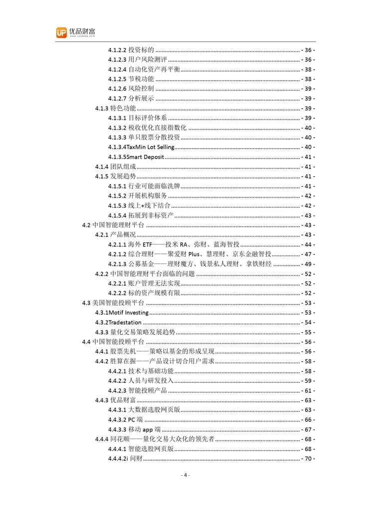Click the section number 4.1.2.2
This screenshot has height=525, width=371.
coord(117,50)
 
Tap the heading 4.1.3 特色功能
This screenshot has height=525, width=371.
coord(115,108)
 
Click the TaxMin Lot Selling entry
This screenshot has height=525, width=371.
coord(142,147)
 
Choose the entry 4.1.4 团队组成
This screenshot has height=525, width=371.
coord(115,167)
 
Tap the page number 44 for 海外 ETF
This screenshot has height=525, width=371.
coord(308,245)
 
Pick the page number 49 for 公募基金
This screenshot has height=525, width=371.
coord(308,264)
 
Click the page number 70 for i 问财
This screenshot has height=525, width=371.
coord(308,459)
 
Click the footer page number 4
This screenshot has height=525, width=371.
coord(185,475)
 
